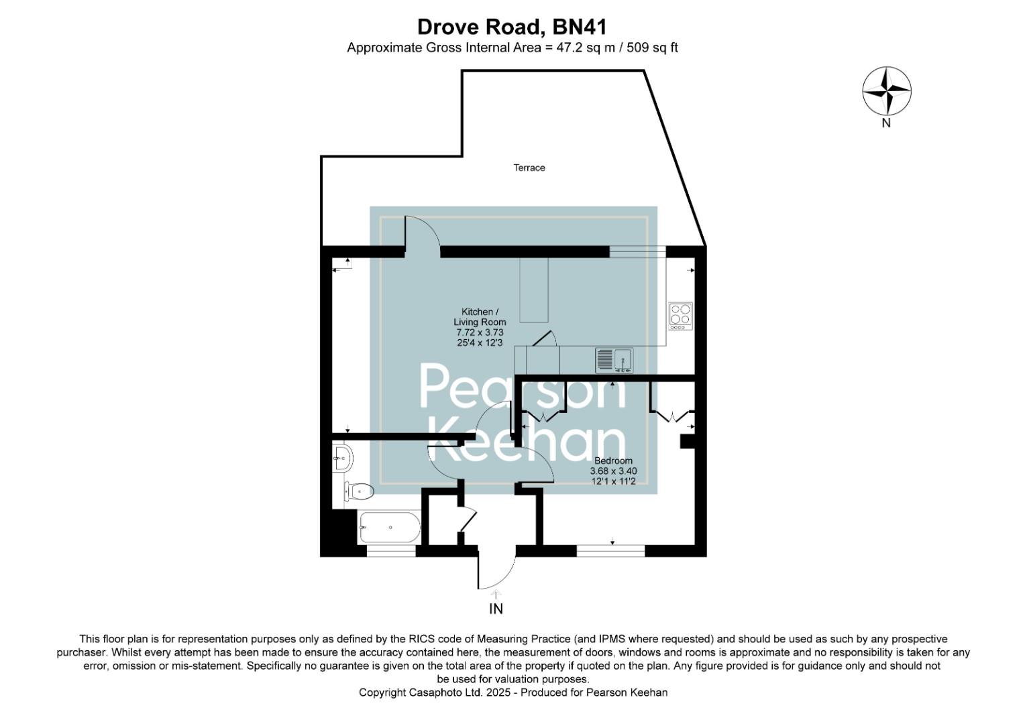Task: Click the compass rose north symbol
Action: click(886, 91)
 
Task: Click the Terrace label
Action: click(529, 168)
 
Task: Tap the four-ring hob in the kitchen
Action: click(680, 316)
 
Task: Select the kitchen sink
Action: click(614, 360)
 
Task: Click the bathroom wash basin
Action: click(342, 459)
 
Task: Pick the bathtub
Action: click(390, 528)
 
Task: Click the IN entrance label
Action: click(496, 609)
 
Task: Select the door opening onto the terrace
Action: click(422, 234)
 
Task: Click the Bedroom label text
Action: click(613, 461)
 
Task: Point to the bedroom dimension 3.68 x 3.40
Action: click(613, 471)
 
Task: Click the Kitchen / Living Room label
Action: click(480, 317)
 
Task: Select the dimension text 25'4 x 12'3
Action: click(480, 343)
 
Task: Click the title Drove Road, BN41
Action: click(512, 27)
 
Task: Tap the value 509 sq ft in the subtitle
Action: click(652, 48)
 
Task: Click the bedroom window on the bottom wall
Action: click(610, 551)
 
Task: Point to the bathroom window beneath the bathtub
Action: click(391, 551)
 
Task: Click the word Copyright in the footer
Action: click(382, 692)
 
